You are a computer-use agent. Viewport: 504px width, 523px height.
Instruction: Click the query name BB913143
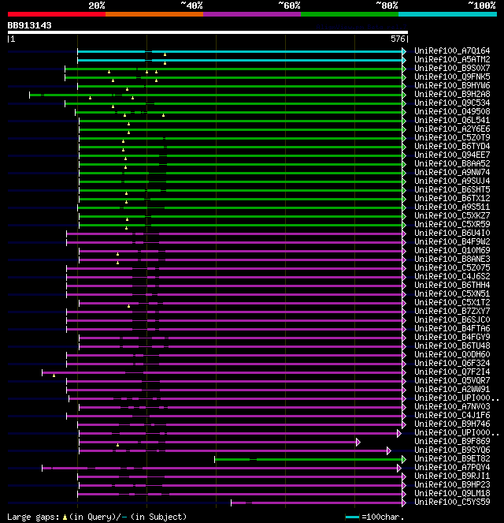[30, 25]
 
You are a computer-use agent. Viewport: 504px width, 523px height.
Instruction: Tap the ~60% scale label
[289, 6]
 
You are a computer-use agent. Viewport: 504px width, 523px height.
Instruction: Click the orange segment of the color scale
[154, 14]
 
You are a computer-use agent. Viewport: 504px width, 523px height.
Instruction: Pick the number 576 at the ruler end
[398, 39]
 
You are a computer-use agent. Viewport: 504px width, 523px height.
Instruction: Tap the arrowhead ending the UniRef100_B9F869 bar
[358, 442]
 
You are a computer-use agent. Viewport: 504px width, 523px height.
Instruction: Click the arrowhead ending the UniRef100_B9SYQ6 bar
[389, 450]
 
